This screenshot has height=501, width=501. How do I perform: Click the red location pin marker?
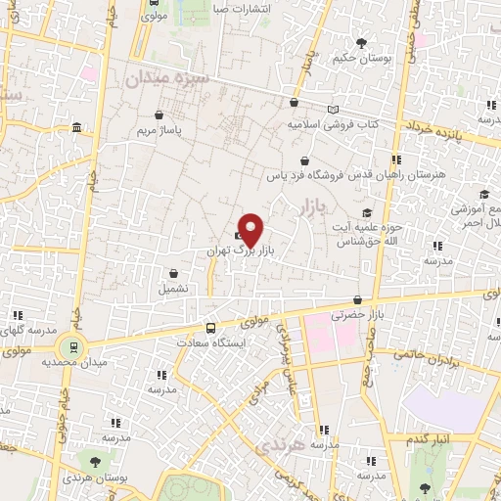click(x=251, y=228)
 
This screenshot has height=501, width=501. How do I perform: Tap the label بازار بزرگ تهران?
click(x=239, y=250)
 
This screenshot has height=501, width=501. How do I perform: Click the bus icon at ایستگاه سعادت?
click(x=210, y=328)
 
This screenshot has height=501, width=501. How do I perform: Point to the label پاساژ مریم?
click(x=159, y=129)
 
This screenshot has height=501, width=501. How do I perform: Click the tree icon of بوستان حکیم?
click(x=363, y=42)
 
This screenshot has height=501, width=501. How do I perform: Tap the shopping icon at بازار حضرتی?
click(x=359, y=299)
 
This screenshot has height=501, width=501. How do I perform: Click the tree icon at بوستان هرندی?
click(x=94, y=460)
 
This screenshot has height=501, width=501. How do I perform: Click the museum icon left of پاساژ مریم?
click(x=77, y=129)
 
